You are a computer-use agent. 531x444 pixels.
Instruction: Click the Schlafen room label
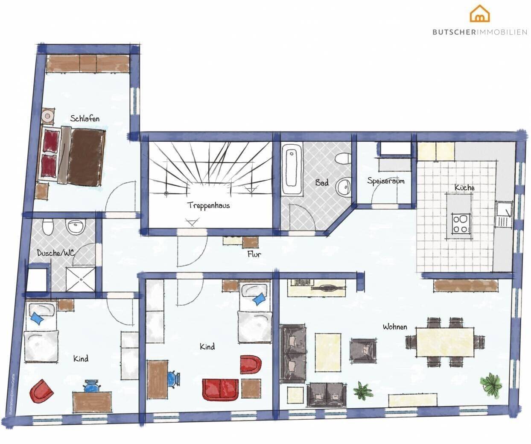coord(85,119)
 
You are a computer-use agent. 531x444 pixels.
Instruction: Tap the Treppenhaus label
coord(209,205)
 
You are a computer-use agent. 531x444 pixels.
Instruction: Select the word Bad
coord(322,182)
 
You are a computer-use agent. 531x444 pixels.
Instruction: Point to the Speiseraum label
coord(386,181)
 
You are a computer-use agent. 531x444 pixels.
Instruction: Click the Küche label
coord(464,187)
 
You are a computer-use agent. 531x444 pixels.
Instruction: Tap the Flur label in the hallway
coord(254,254)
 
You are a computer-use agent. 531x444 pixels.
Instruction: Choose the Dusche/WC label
coord(55,253)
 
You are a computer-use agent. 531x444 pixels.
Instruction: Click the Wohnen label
coord(395,327)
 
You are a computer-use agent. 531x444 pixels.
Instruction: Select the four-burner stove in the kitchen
coord(460,223)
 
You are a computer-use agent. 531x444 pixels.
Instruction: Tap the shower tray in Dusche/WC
coord(80,279)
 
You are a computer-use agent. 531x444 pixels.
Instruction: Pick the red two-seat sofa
coord(220,389)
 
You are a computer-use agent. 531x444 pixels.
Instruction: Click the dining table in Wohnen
coord(445,342)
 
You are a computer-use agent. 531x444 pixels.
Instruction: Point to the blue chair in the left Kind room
coord(91,386)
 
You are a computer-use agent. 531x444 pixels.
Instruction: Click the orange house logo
coord(480,14)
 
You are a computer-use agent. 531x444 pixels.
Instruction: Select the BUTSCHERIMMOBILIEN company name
coord(480,32)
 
